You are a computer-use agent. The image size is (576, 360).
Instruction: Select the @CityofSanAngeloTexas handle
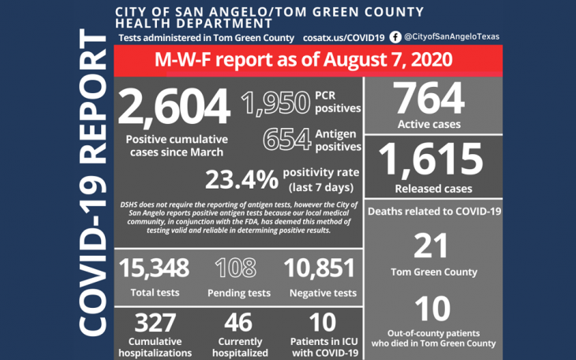(x=451, y=37)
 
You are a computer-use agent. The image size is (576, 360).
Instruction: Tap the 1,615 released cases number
(x=429, y=160)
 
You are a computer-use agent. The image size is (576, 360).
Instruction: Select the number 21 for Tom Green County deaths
(x=432, y=246)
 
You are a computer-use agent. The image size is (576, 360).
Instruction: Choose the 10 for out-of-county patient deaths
(x=432, y=309)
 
